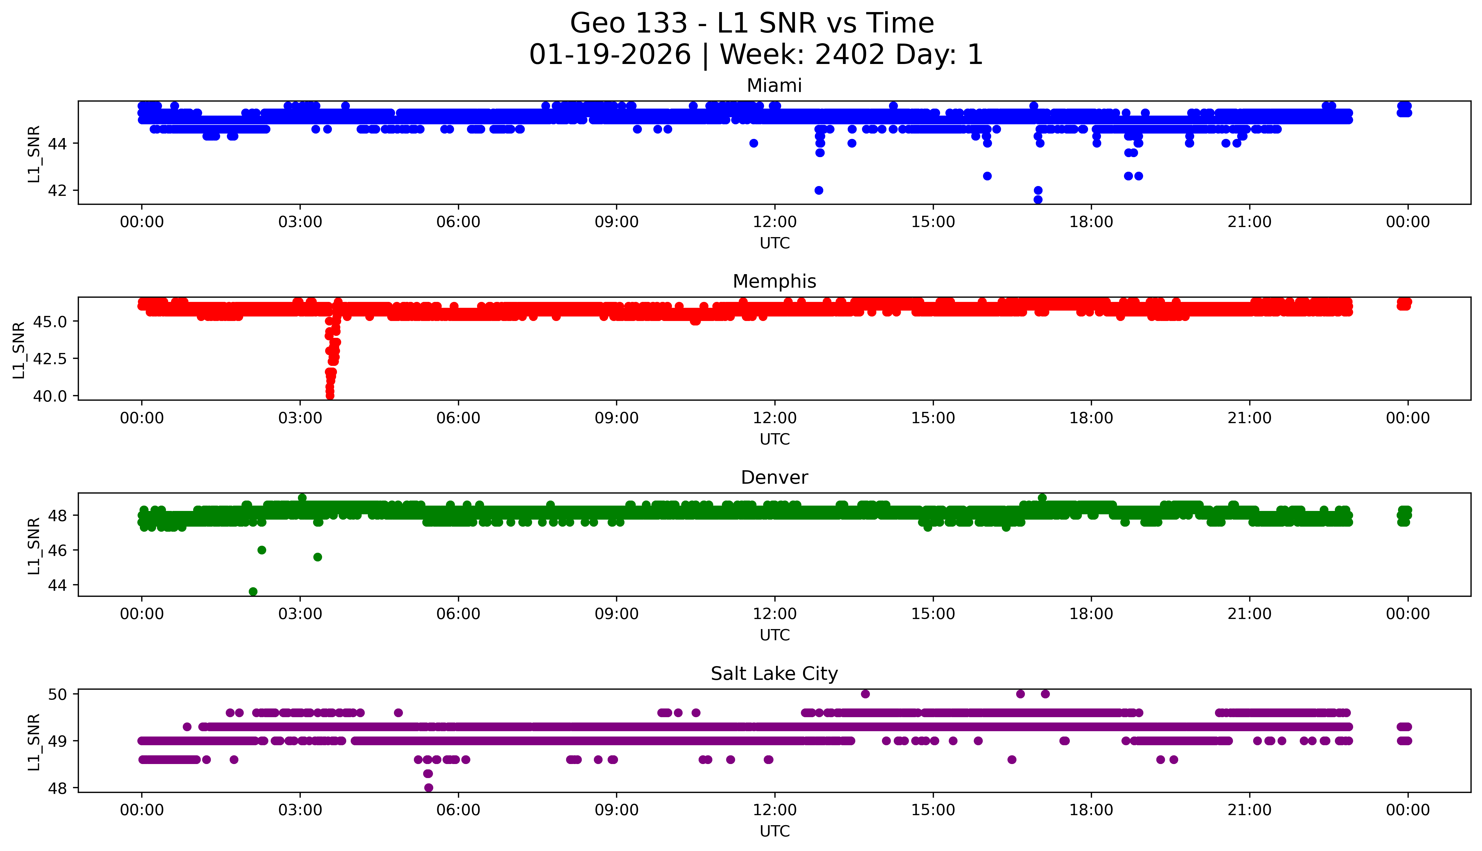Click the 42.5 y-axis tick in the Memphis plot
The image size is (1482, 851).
point(50,358)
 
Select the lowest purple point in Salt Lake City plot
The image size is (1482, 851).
point(429,788)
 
